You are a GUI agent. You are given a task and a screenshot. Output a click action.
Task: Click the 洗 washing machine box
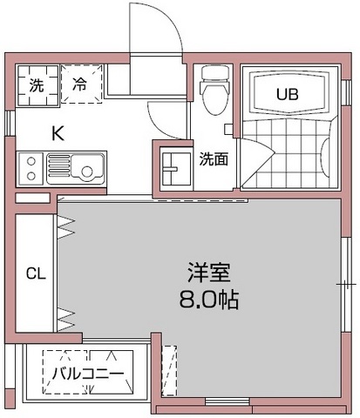pos(37,86)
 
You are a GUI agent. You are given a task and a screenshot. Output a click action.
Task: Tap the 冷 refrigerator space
pos(79,86)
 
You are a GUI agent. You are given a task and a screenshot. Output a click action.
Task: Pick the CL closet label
pos(35,273)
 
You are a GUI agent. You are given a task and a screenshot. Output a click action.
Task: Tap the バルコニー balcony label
pos(87,373)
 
